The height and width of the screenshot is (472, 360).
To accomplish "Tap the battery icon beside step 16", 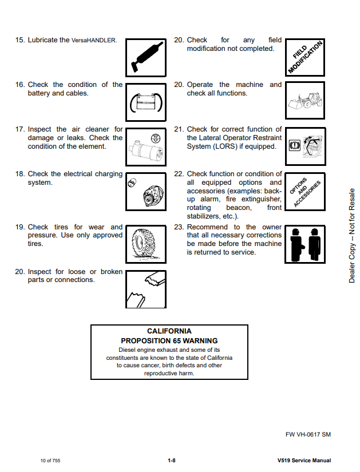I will tap(145, 102).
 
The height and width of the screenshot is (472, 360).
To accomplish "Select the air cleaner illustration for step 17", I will tap(145, 146).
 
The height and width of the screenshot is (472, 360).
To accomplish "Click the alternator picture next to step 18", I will tap(145, 191).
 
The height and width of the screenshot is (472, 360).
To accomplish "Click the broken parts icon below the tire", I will tap(145, 289).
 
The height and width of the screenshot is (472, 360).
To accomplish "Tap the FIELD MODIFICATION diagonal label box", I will tap(305, 57).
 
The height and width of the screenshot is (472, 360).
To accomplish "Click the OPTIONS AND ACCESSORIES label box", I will tap(305, 192).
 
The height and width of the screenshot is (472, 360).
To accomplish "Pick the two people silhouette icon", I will tap(305, 244).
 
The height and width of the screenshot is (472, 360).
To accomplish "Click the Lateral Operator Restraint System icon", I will tap(305, 146).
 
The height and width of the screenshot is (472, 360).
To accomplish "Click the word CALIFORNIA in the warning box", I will tap(169, 331).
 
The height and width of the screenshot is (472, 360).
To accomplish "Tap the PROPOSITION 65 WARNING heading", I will tap(169, 341).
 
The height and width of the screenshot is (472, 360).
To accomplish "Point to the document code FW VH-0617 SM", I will tap(308, 434).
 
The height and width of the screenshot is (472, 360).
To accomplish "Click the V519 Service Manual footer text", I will tap(304, 461).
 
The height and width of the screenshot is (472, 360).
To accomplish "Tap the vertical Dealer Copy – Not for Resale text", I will tap(352, 235).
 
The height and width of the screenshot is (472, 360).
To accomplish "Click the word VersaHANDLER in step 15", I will tap(94, 41).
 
